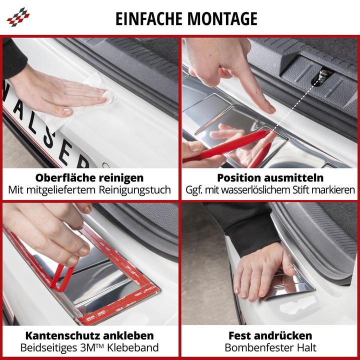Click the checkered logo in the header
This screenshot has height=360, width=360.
click(18, 17)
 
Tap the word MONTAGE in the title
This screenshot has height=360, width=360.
click(223, 18)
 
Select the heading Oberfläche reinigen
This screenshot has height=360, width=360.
click(89, 177)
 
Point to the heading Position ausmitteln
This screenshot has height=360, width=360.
click(270, 177)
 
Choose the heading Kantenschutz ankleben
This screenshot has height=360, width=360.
click(89, 335)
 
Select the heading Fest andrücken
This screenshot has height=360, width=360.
click(270, 335)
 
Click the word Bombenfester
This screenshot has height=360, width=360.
click(254, 348)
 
